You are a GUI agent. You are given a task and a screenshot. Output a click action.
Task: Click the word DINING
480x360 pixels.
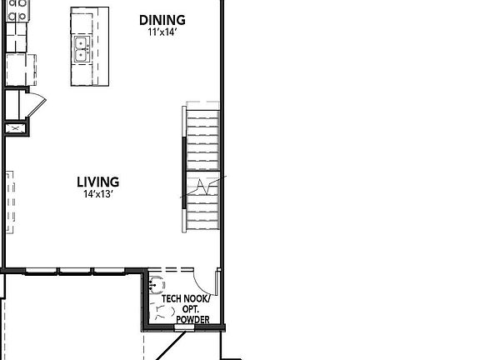162,20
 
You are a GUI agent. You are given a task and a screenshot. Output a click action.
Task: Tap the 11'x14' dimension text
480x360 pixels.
162,32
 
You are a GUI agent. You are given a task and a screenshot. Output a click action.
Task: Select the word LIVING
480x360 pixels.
98,182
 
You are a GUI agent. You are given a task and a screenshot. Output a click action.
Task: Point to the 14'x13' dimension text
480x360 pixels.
98,194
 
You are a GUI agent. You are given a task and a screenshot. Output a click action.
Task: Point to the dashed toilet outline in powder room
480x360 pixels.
161,312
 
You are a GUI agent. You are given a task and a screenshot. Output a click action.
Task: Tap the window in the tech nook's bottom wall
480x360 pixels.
182,327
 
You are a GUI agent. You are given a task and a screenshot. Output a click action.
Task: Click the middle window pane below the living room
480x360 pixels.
76,271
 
